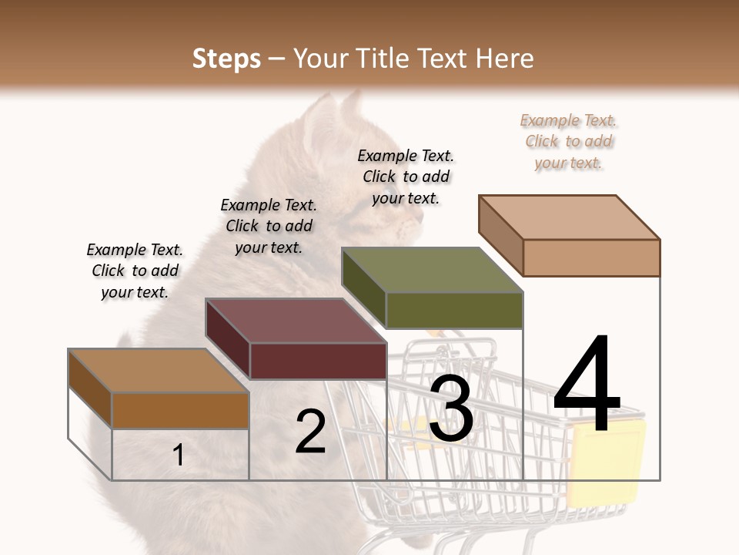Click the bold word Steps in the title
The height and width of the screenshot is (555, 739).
pos(226,59)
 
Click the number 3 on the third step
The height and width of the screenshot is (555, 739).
pos(451,409)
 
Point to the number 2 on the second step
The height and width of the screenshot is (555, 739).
pos(310,432)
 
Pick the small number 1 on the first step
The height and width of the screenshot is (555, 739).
pos(178,456)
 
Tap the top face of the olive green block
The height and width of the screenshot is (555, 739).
pos(431,270)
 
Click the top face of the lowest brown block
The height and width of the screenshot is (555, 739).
pos(158,371)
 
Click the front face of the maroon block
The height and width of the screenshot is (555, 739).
pos(318,361)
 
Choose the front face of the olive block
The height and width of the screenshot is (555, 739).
pos(454,310)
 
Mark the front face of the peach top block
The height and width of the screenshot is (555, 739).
pos(591,257)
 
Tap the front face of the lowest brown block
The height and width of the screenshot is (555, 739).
pos(181,410)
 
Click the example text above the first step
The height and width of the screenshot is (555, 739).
pos(135,271)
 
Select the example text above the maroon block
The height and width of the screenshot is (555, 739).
pos(269,226)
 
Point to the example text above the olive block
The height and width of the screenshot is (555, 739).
pos(406,177)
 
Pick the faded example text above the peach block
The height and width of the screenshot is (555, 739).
pos(569,141)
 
